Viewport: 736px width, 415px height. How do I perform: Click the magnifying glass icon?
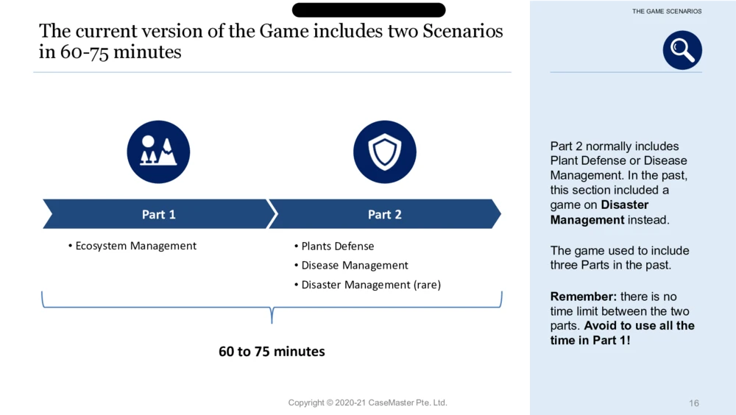tap(682, 50)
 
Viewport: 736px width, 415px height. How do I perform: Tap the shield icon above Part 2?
tap(385, 152)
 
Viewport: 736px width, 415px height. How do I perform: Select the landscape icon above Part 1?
tap(159, 152)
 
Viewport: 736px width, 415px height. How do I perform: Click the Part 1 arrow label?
tap(159, 214)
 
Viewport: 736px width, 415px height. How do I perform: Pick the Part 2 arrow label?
tap(384, 214)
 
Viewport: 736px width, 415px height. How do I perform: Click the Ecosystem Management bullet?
tap(132, 246)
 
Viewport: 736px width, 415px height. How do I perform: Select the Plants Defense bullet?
tap(334, 246)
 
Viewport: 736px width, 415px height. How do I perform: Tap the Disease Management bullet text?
tap(355, 265)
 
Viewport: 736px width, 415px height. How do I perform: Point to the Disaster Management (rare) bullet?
tap(367, 285)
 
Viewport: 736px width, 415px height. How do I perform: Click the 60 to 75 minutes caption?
tap(272, 351)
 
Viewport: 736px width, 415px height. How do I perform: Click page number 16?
tap(694, 402)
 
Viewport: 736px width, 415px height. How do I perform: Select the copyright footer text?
tap(367, 402)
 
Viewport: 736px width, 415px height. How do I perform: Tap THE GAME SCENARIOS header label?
tap(667, 11)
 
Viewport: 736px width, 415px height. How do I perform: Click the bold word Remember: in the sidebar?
tap(584, 297)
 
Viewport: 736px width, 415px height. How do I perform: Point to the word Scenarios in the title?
tap(462, 31)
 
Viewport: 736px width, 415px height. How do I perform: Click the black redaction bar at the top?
tap(369, 10)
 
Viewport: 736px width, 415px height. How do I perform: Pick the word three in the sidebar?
tap(564, 265)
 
